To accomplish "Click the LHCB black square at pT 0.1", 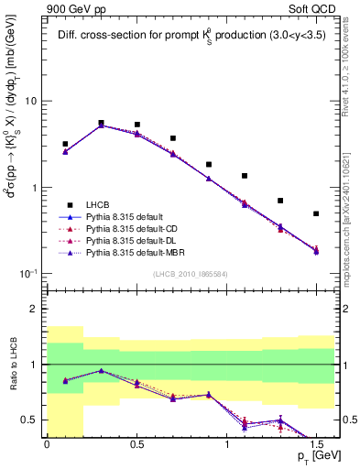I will (x=65, y=144).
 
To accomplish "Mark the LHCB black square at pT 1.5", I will (x=316, y=213).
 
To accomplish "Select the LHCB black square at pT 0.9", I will (x=209, y=165).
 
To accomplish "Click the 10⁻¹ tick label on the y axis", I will (x=27, y=274).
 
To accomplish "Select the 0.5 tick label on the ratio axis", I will (x=30, y=420).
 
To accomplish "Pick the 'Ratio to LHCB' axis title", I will (x=12, y=365).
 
